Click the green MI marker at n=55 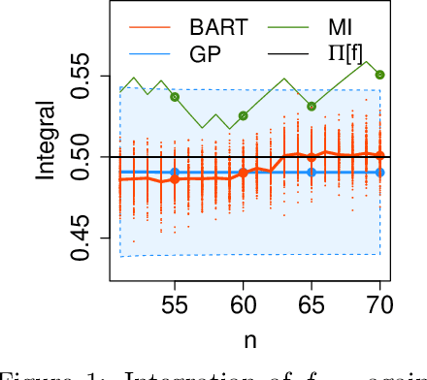[175, 97]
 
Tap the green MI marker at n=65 [311, 107]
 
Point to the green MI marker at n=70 [379, 75]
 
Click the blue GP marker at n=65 [311, 173]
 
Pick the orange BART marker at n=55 [175, 179]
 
